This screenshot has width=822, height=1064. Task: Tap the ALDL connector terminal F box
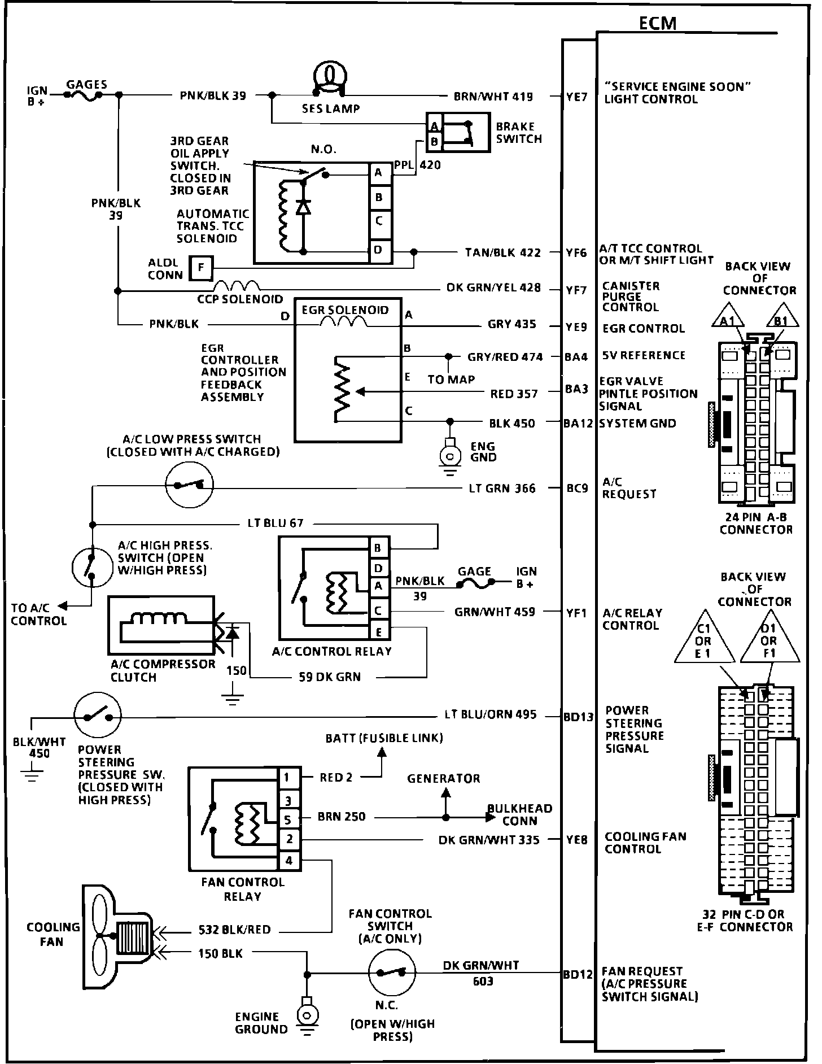point(201,268)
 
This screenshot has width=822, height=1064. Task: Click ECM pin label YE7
point(577,97)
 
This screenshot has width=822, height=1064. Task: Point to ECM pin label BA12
point(578,423)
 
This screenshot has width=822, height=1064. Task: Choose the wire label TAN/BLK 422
point(502,253)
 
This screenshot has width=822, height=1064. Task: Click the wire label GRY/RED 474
point(505,357)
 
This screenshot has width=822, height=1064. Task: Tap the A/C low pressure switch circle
point(189,485)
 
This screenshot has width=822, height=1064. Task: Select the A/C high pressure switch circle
point(92,566)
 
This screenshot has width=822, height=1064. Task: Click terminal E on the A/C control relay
point(379,632)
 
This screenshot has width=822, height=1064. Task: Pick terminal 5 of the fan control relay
point(288,819)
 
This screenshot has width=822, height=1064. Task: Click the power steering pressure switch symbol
point(98,716)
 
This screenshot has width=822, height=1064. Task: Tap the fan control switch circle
point(392,973)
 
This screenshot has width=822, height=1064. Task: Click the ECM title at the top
point(657,23)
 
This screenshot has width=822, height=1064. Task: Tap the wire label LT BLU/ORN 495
point(490,714)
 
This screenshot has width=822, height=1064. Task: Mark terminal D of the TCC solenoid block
point(379,250)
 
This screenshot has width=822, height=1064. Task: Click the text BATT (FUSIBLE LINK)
point(384,738)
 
